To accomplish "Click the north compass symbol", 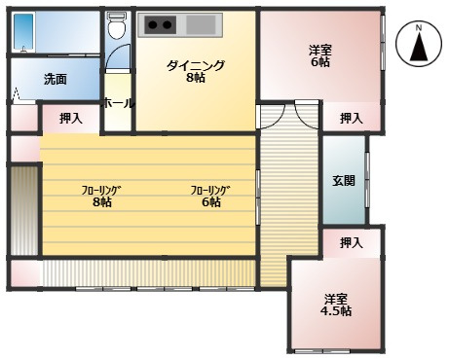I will [x=418, y=43].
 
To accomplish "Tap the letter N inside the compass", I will [x=418, y=29].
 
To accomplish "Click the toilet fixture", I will [x=118, y=28].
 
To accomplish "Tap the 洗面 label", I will [x=55, y=80].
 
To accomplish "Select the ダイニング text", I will [x=195, y=65].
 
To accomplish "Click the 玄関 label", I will [x=343, y=180].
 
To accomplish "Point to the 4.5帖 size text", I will [x=336, y=310].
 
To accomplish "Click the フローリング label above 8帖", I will [x=101, y=190].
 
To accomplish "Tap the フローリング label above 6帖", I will [x=210, y=190].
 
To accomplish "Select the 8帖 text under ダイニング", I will [x=195, y=79].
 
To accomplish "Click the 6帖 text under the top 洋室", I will [x=319, y=62].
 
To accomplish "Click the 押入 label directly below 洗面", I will [x=70, y=118].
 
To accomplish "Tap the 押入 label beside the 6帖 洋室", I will [x=352, y=118].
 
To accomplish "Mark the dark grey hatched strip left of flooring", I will [x=24, y=211].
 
